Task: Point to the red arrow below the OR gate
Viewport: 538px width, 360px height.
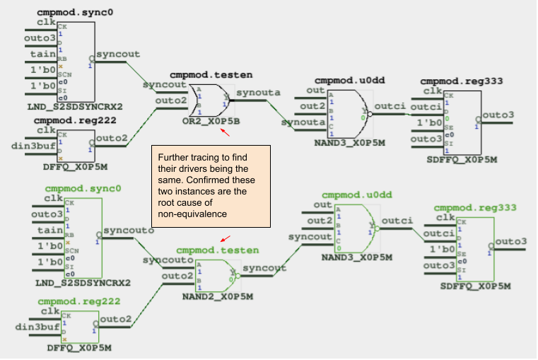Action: click(x=225, y=131)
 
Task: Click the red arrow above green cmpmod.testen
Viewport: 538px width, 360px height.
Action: click(x=225, y=240)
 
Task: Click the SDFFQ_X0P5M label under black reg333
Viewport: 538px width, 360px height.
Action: click(x=460, y=160)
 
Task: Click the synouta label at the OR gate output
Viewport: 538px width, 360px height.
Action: click(x=258, y=92)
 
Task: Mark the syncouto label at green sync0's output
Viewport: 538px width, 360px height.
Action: click(x=126, y=231)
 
